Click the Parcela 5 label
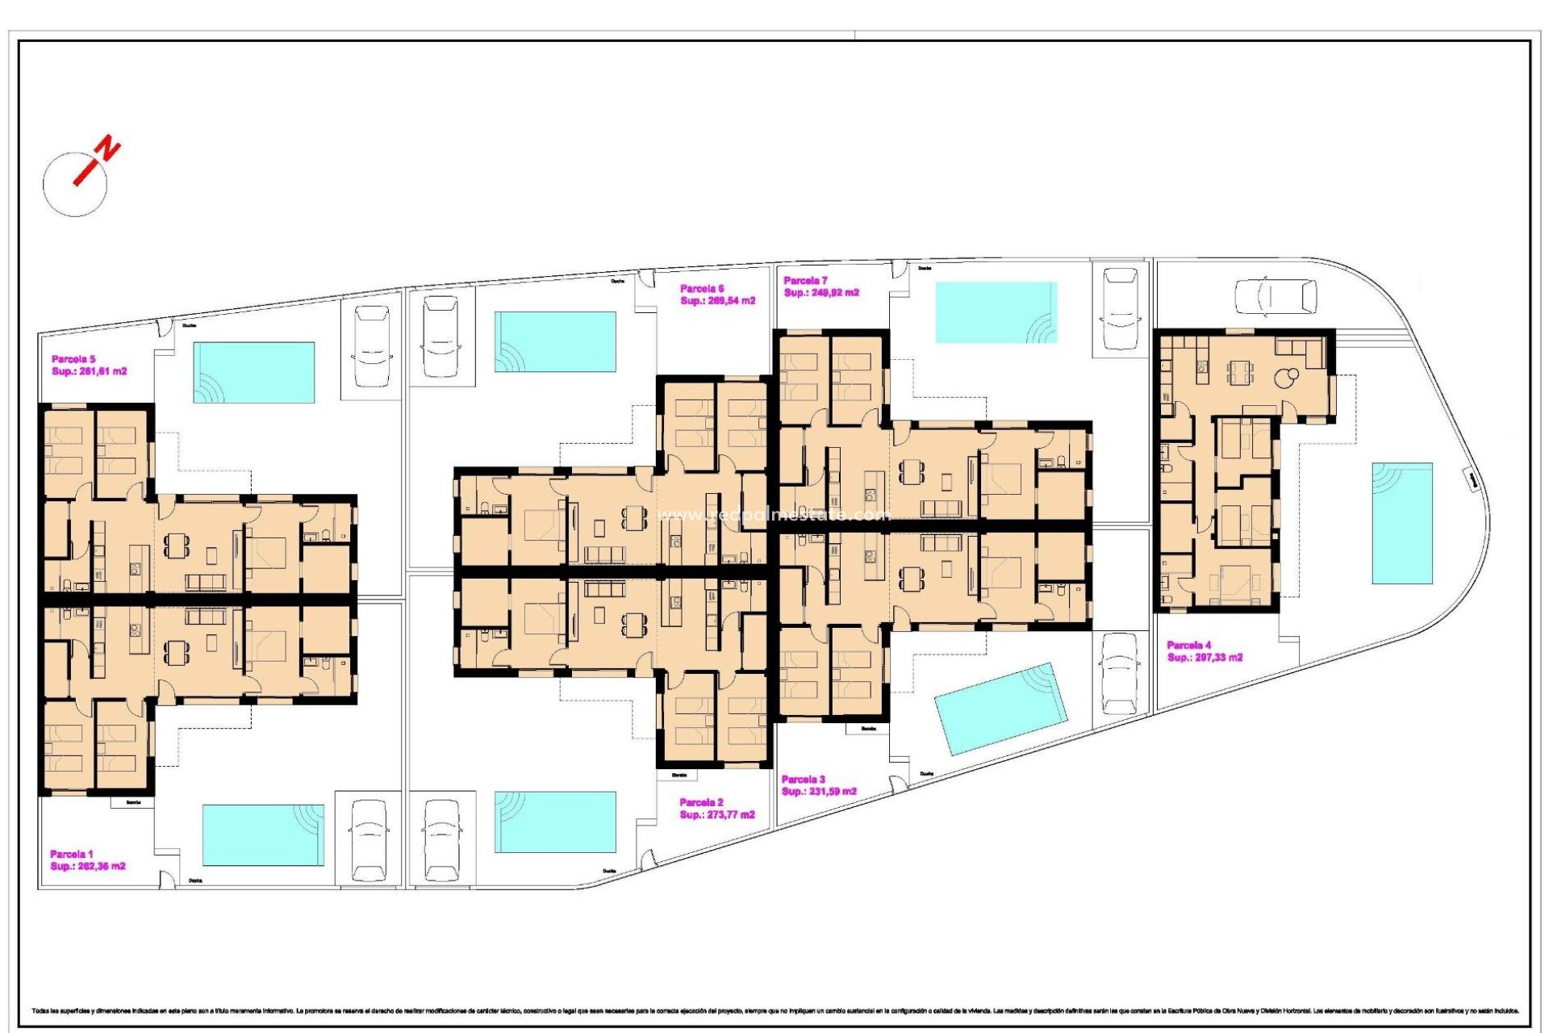tap(73, 359)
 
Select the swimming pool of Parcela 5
tap(253, 372)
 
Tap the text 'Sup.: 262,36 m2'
tap(88, 866)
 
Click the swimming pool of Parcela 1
tap(263, 834)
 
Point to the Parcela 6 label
tap(701, 288)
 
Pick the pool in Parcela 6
tap(555, 341)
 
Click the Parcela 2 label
tap(701, 802)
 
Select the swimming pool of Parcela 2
tap(555, 822)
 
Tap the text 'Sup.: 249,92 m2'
tap(821, 293)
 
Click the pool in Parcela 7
tap(996, 312)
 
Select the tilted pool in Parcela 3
tap(1000, 709)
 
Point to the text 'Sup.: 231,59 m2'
tap(819, 792)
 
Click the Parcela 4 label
tap(1188, 645)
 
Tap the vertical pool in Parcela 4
tap(1402, 523)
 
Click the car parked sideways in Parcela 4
tap(1276, 296)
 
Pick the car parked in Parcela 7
tap(1120, 308)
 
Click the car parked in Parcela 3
tap(1119, 674)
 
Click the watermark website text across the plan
tap(774, 515)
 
